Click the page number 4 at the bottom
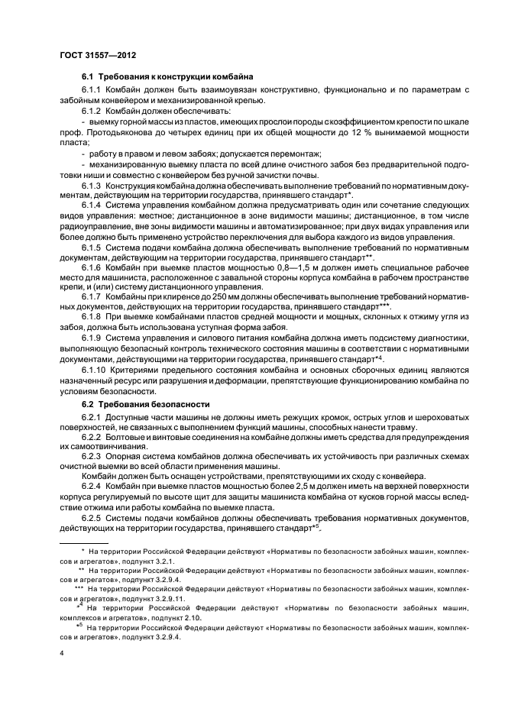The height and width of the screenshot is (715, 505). [62, 654]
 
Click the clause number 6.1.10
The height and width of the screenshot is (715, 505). [94, 370]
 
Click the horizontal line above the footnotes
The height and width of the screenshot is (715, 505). [91, 544]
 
